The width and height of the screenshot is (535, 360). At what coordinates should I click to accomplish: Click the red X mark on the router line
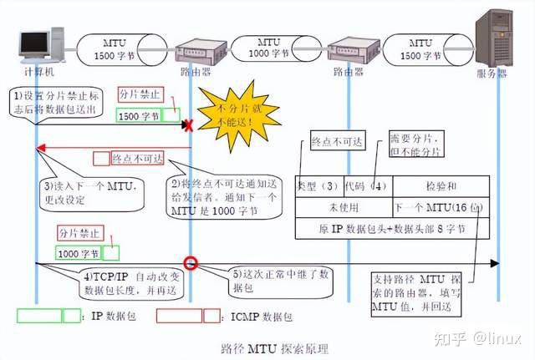tap(189, 126)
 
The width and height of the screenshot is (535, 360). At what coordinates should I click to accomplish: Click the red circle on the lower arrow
tap(191, 263)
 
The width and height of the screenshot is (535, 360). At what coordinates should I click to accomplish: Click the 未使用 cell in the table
tap(344, 206)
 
